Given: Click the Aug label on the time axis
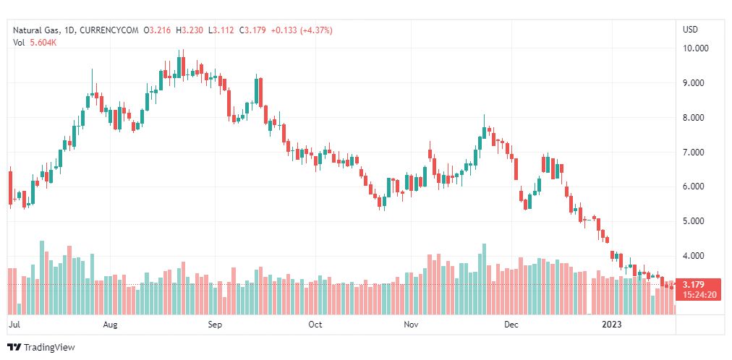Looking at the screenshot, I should tap(110, 325).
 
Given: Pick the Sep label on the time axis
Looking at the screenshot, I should tap(215, 325).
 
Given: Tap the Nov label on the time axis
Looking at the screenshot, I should tap(411, 325).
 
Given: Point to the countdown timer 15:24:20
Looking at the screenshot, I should tap(699, 294).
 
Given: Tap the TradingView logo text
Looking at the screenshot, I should tap(49, 348).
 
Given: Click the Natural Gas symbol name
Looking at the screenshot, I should tap(35, 30).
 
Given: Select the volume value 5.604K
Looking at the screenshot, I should tap(43, 43).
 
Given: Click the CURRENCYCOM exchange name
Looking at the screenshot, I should tap(108, 30).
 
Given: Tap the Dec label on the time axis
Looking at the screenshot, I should tap(511, 325).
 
